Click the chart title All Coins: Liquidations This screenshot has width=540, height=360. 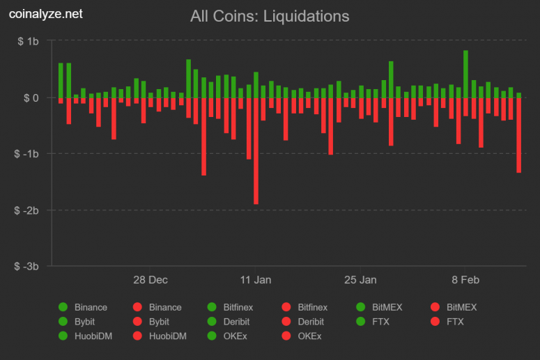click(x=270, y=15)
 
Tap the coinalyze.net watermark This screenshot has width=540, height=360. click(x=45, y=14)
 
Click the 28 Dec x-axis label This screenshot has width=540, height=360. click(x=151, y=280)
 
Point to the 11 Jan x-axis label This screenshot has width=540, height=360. click(x=256, y=280)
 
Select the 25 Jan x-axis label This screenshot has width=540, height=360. click(x=360, y=280)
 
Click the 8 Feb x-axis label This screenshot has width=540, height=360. click(x=465, y=280)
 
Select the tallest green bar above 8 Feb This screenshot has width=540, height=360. click(x=465, y=74)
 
